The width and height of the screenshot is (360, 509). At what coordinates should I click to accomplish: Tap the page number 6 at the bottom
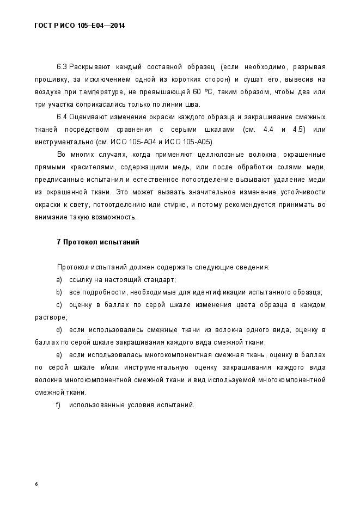36,483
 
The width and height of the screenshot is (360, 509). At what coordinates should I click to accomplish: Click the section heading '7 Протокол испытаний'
98,242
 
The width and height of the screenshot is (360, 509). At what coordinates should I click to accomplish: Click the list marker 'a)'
59,280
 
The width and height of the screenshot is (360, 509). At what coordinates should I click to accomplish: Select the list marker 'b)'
59,292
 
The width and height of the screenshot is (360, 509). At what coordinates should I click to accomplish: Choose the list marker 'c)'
59,305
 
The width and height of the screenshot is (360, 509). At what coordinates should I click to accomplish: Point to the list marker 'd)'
59,330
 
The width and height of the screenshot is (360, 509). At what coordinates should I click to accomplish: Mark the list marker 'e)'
59,355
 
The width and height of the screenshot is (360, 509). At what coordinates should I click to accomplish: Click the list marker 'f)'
58,405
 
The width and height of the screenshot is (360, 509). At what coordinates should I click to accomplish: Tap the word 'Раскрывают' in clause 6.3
90,67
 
